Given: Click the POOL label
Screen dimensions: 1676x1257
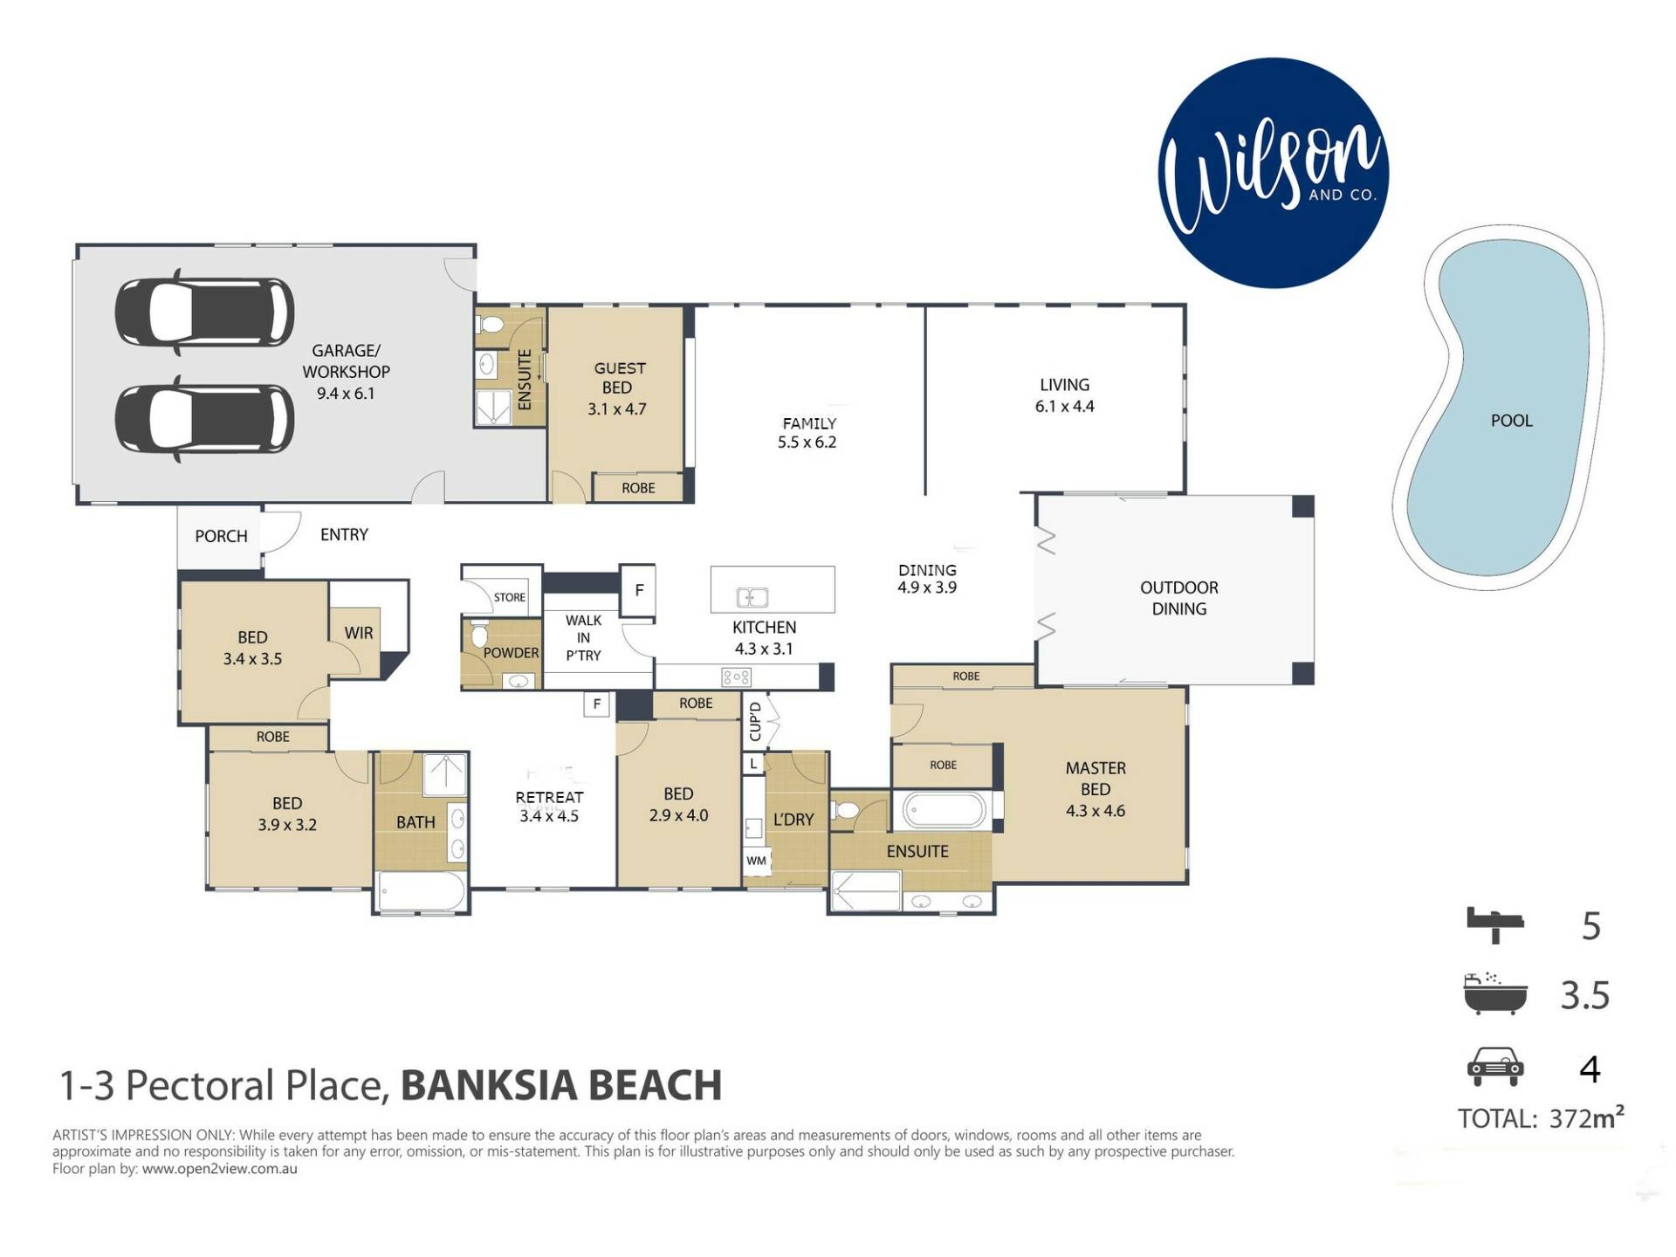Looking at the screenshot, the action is click(1511, 421).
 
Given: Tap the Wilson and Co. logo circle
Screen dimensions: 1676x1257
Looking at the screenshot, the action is click(1273, 173).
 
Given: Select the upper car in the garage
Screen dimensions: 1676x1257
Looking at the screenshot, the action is click(204, 313).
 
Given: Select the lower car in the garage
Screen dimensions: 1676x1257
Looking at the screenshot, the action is click(204, 419).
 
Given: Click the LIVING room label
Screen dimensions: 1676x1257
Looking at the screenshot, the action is click(1064, 385).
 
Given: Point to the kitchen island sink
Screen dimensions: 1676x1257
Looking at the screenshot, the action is click(752, 598).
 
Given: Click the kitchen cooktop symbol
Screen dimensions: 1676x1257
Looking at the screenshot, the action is click(736, 677).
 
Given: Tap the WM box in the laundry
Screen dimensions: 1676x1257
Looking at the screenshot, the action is click(756, 861).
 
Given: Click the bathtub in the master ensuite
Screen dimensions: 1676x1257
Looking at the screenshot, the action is click(944, 810).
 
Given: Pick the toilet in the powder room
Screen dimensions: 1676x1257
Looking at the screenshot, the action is click(478, 635).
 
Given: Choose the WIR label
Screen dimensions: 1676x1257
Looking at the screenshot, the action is click(359, 633).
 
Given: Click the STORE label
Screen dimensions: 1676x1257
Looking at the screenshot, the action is click(510, 597).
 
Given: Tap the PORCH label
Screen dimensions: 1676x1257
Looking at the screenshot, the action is click(221, 536).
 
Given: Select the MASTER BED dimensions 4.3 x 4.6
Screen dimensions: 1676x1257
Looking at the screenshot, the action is click(1096, 811).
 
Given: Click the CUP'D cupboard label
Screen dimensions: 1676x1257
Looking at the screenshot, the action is click(756, 722).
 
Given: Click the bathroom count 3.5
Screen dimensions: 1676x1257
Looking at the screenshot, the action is click(1585, 995).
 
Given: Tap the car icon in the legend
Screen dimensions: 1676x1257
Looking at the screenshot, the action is click(1495, 1067).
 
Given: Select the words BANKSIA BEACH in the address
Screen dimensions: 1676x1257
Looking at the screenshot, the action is click(561, 1086).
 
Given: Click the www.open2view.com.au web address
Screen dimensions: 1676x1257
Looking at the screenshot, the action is click(219, 1169).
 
